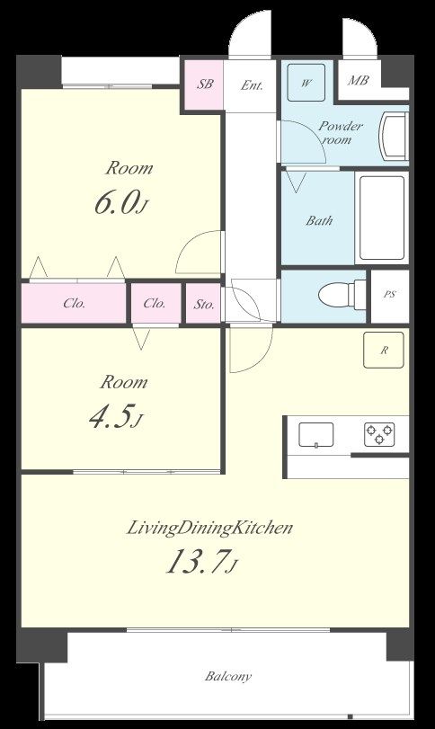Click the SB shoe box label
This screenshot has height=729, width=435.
tap(205, 84)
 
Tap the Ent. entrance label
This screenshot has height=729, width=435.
tap(252, 85)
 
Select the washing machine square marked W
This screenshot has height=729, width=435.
tap(306, 83)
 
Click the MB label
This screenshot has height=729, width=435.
tap(359, 80)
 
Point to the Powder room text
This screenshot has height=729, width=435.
tap(341, 132)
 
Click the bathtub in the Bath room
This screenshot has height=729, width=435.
tap(382, 218)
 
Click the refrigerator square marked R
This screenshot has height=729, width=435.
tap(384, 350)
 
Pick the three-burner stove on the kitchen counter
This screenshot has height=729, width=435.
tap(379, 434)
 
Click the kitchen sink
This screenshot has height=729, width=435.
tap(316, 435)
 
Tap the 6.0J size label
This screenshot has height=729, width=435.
tap(121, 203)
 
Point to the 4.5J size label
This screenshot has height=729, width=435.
tap(115, 416)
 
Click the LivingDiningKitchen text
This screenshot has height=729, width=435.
tap(210, 529)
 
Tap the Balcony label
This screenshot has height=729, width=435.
tap(228, 676)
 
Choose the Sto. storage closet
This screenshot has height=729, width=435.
tap(203, 304)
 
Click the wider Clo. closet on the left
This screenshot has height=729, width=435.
tap(74, 303)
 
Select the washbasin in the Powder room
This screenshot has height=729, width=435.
tap(394, 137)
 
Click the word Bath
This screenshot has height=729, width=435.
tap(319, 220)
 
